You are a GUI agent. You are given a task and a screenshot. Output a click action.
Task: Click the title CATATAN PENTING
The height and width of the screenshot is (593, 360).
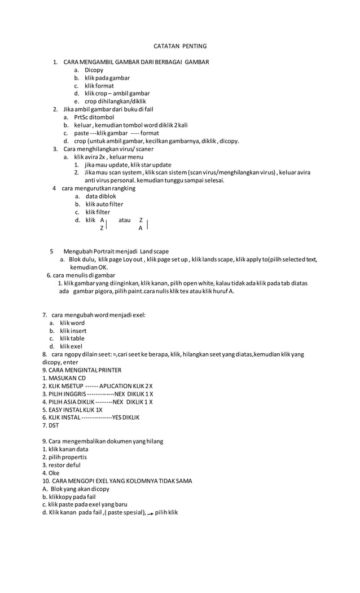click(x=181, y=46)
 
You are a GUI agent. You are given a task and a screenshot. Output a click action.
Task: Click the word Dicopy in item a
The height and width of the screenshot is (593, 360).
click(x=94, y=70)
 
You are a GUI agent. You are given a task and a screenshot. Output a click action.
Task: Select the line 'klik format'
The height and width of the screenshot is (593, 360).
click(x=99, y=86)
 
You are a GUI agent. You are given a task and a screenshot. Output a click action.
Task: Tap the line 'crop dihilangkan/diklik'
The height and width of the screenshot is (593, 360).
click(x=115, y=102)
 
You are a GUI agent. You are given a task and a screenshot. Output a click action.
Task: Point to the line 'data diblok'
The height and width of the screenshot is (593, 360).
click(x=101, y=196)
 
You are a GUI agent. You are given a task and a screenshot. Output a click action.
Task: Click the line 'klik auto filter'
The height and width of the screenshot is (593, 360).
click(x=104, y=204)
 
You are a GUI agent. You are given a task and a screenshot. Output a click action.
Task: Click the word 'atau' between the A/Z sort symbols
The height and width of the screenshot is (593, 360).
click(x=125, y=220)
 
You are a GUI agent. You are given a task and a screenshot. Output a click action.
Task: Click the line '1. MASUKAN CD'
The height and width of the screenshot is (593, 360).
click(x=64, y=378)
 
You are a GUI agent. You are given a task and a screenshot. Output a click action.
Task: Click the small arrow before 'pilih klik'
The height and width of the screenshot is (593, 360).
click(x=150, y=513)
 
